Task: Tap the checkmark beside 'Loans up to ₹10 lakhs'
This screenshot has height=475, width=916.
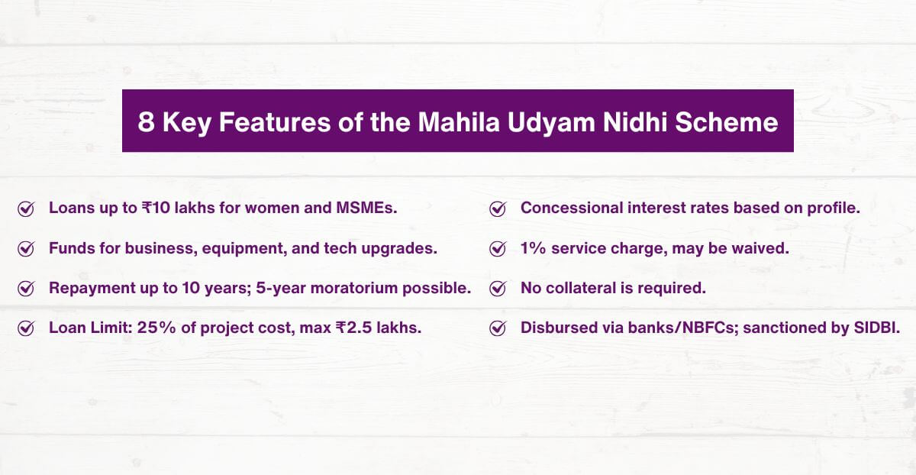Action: [26, 208]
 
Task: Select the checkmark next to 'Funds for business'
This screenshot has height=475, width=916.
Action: [26, 249]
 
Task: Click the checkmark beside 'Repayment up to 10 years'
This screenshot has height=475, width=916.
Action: [26, 289]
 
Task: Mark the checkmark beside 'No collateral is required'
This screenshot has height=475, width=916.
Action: [498, 289]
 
